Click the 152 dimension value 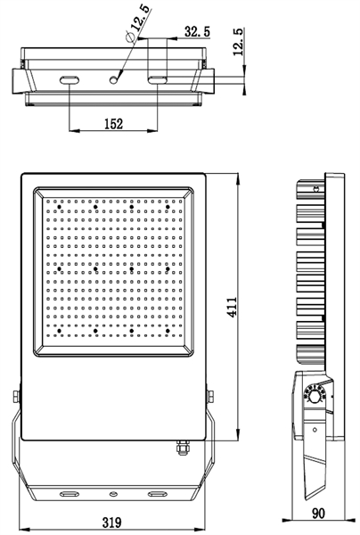click(x=112, y=125)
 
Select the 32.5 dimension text click(x=196, y=31)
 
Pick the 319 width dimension click(x=112, y=523)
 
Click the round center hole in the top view click(x=113, y=80)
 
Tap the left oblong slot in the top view click(x=70, y=80)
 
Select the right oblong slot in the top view click(x=157, y=80)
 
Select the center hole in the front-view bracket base click(x=113, y=493)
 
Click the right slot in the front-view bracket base click(x=157, y=493)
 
